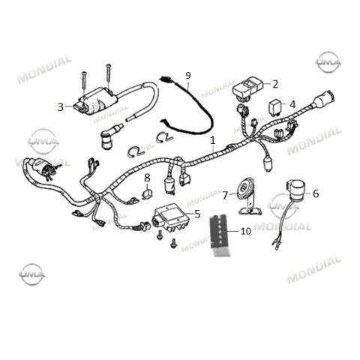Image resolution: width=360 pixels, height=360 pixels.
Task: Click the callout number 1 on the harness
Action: tap(213, 140)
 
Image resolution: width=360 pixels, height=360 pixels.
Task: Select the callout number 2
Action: tap(275, 84)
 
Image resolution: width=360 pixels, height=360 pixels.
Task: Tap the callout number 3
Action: tap(61, 107)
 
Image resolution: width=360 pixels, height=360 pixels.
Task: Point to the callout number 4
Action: tap(292, 104)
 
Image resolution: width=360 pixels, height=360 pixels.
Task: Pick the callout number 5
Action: tap(197, 214)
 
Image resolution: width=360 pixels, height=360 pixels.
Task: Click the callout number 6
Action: tap(316, 193)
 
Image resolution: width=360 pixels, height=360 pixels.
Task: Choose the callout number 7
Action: tap(225, 196)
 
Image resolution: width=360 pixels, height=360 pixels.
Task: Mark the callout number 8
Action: tap(147, 178)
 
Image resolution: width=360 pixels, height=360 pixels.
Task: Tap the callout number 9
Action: tap(188, 75)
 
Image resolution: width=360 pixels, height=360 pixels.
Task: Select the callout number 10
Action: tap(246, 231)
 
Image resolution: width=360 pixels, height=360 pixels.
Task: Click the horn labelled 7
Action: tap(248, 196)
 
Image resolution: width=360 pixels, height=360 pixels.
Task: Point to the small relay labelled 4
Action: tap(274, 108)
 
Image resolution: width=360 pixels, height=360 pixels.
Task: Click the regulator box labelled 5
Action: tap(171, 217)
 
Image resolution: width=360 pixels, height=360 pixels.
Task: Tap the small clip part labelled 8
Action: tap(147, 194)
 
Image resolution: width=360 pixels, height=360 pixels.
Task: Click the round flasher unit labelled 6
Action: tap(296, 189)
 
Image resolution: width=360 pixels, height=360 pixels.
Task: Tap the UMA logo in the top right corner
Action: tap(328, 62)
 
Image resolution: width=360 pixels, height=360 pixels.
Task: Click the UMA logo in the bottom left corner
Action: tap(32, 274)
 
